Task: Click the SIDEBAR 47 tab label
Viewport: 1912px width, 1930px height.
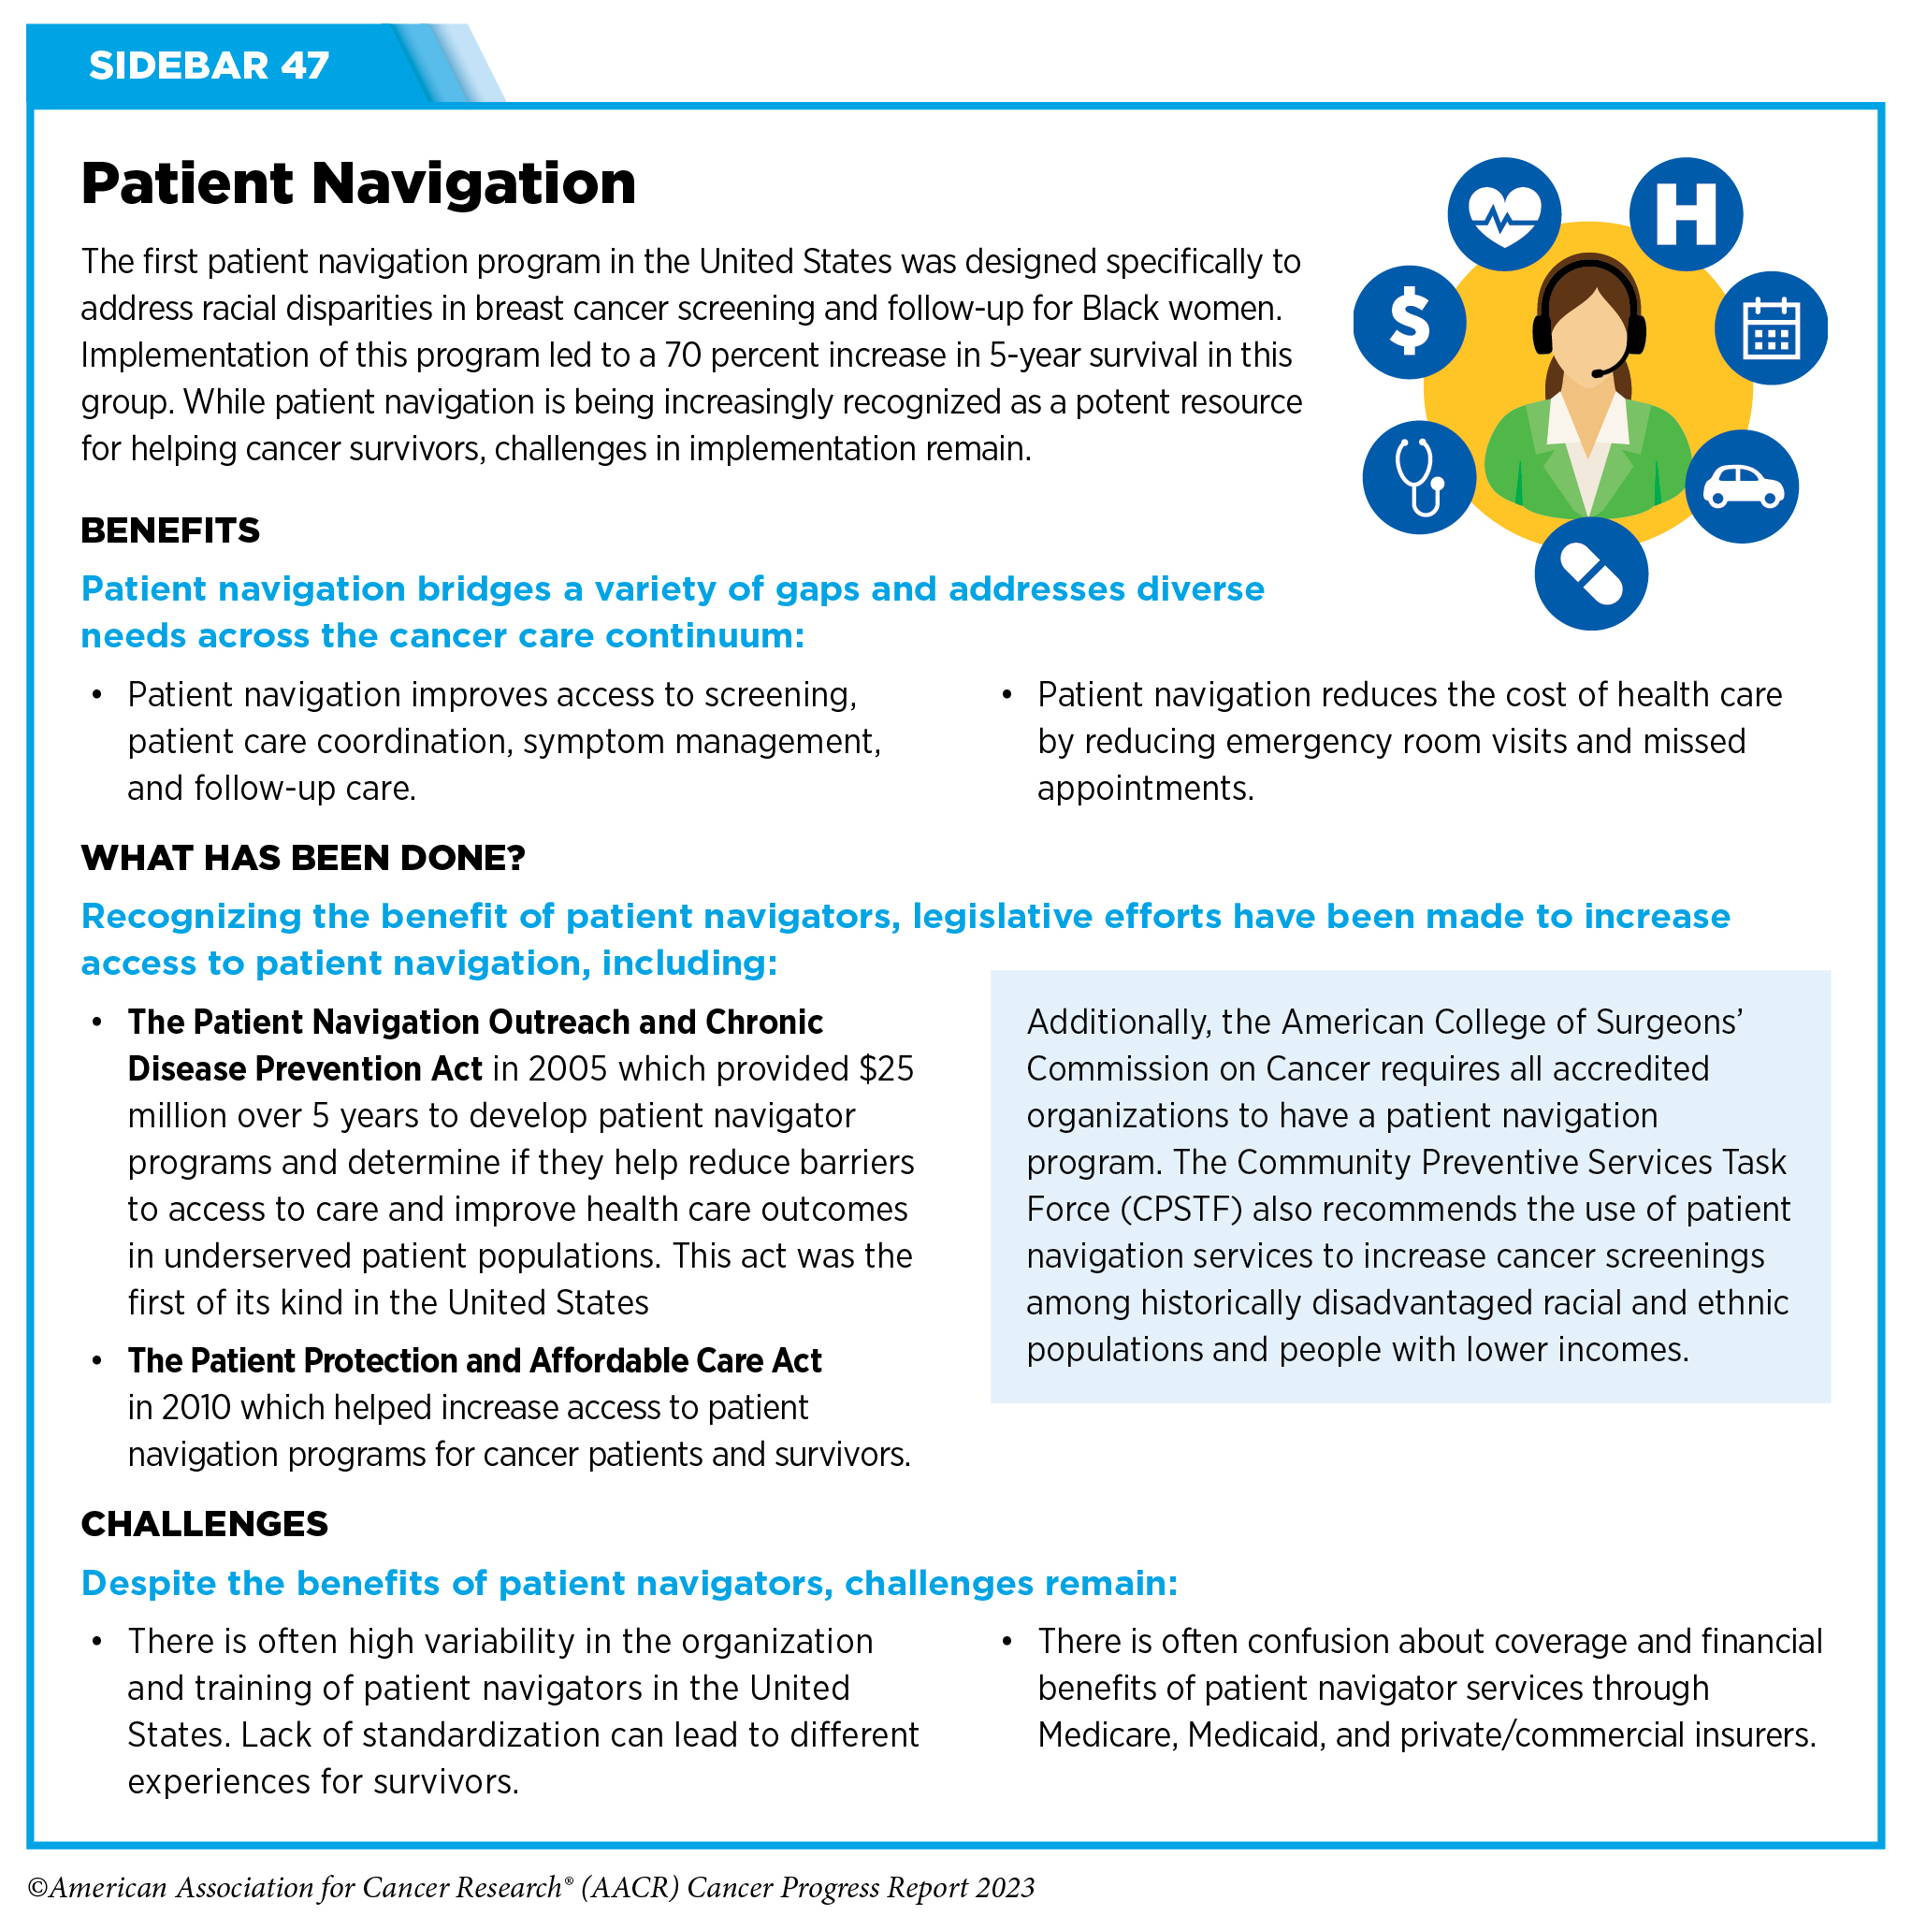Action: [x=209, y=65]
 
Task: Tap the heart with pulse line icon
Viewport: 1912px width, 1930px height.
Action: [x=1503, y=214]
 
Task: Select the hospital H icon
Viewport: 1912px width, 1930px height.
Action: [x=1686, y=214]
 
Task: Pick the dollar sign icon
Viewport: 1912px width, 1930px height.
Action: [x=1410, y=322]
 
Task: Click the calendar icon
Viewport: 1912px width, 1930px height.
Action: [x=1771, y=327]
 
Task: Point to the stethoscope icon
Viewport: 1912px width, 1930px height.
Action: [x=1418, y=476]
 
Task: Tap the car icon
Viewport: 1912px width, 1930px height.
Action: [x=1742, y=486]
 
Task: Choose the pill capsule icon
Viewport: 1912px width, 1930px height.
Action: [x=1590, y=573]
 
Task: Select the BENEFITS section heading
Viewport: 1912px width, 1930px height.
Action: [x=170, y=530]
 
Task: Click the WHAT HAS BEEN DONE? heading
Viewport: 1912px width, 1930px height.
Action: [x=303, y=858]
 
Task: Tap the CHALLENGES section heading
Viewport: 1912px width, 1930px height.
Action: [x=204, y=1523]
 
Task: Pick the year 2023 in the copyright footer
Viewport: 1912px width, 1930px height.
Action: [x=1005, y=1888]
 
